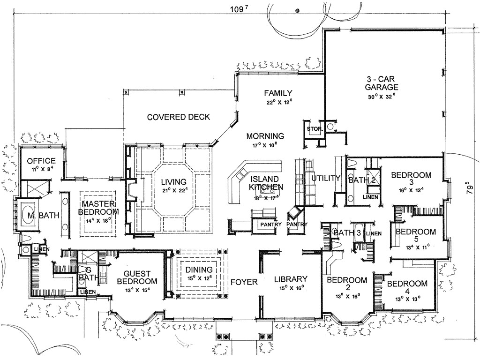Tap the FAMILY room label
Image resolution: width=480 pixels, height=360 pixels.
pos(278,93)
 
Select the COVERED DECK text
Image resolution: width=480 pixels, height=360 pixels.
pos(179,117)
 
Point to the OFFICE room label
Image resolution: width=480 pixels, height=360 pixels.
pos(41,161)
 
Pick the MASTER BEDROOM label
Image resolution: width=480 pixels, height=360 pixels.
pos(98,208)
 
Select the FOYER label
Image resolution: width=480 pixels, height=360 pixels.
pos(244,282)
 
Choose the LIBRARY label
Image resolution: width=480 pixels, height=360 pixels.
pos(291,278)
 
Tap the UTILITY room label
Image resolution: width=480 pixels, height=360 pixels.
pos(325,178)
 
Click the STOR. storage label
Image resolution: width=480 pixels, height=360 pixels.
pos(313,127)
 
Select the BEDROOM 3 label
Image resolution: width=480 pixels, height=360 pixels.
pos(411,179)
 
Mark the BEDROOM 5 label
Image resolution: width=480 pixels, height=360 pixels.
pos(415,236)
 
